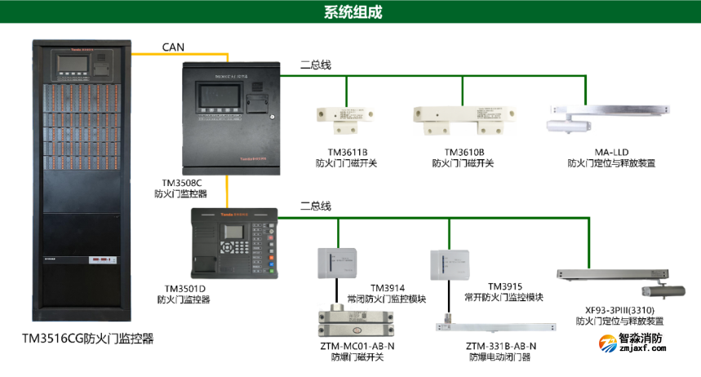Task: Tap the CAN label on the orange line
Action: (173, 47)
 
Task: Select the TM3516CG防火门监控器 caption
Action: (88, 337)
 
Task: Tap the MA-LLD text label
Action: (611, 152)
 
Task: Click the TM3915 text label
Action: (504, 286)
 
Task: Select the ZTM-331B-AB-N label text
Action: (502, 346)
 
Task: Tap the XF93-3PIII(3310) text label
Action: (619, 310)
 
